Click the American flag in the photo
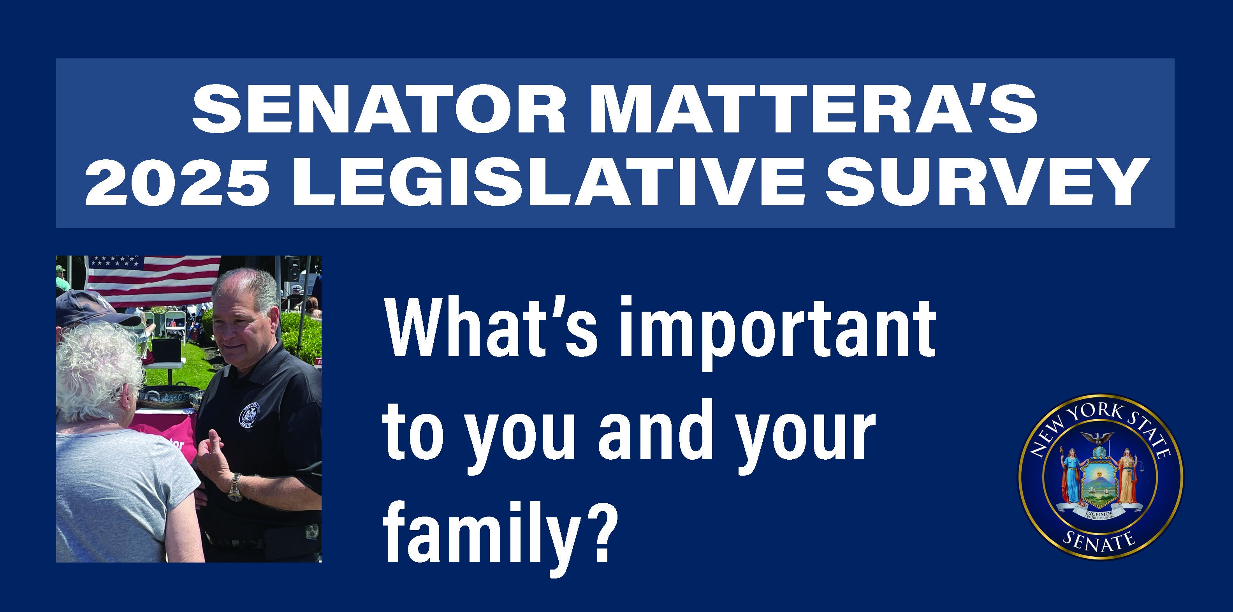click(153, 278)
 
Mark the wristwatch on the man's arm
click(235, 487)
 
